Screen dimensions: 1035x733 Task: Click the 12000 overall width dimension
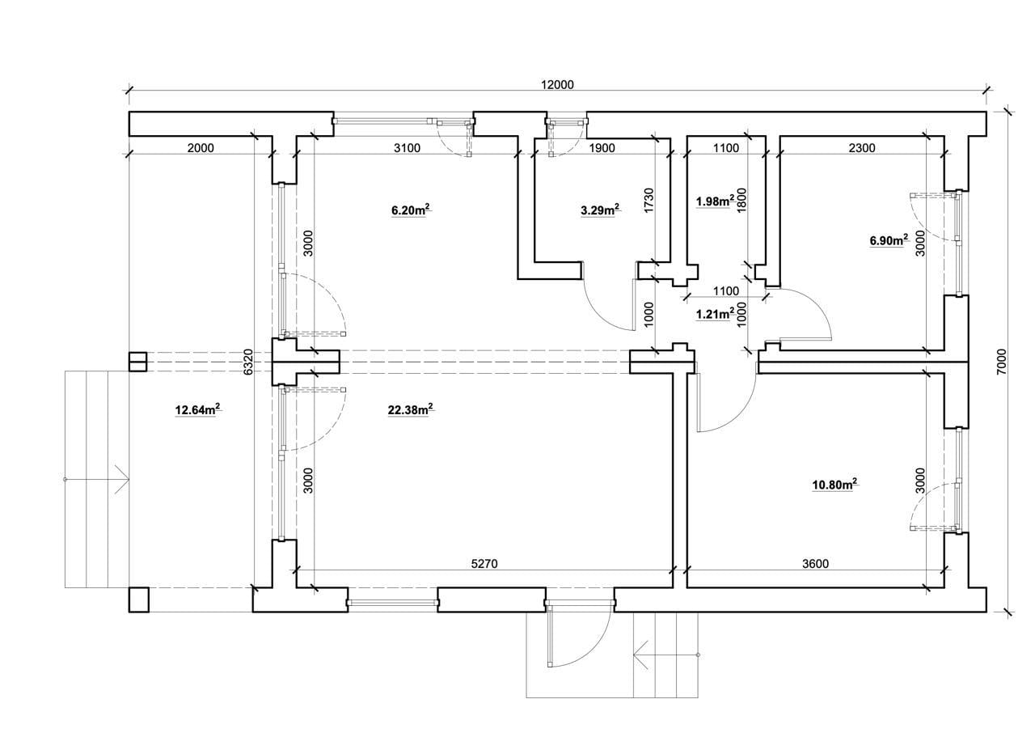[x=557, y=85]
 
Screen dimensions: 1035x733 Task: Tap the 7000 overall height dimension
[x=1001, y=362]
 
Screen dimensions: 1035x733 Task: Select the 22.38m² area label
[x=410, y=409]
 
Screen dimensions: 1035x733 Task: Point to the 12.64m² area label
[x=197, y=409]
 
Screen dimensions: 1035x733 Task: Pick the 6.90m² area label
[x=889, y=240]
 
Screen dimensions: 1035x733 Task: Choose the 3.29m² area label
[x=600, y=210]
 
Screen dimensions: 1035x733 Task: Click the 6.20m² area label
[x=412, y=210]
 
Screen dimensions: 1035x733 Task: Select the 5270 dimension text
[x=484, y=563]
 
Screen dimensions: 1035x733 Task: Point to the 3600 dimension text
[x=816, y=563]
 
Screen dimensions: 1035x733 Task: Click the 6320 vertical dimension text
[x=248, y=362]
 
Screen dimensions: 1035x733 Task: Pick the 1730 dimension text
[x=649, y=200]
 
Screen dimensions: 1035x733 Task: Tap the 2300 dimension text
[x=862, y=148]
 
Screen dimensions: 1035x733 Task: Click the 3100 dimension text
[x=407, y=148]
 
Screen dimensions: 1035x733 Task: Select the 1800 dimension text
[x=741, y=200]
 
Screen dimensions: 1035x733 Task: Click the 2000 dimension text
[x=201, y=148]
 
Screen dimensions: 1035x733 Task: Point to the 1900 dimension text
[x=602, y=148]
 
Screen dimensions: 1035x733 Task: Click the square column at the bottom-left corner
[x=138, y=600]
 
